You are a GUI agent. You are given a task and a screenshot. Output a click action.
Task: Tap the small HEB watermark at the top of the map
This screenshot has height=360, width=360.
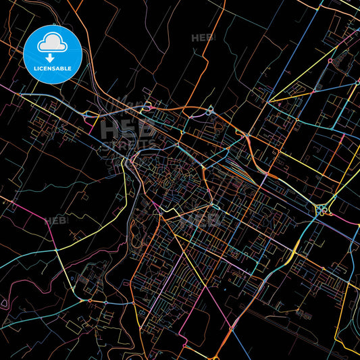point(203,38)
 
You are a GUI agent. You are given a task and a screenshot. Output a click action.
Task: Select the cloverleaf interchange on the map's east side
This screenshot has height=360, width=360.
point(320,210)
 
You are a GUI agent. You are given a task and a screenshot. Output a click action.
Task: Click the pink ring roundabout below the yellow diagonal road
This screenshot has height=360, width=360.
point(330,61)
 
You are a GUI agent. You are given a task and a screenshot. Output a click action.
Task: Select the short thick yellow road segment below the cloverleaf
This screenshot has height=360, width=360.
point(290,257)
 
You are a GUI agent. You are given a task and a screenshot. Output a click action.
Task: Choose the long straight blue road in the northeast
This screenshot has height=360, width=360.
point(297,68)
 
